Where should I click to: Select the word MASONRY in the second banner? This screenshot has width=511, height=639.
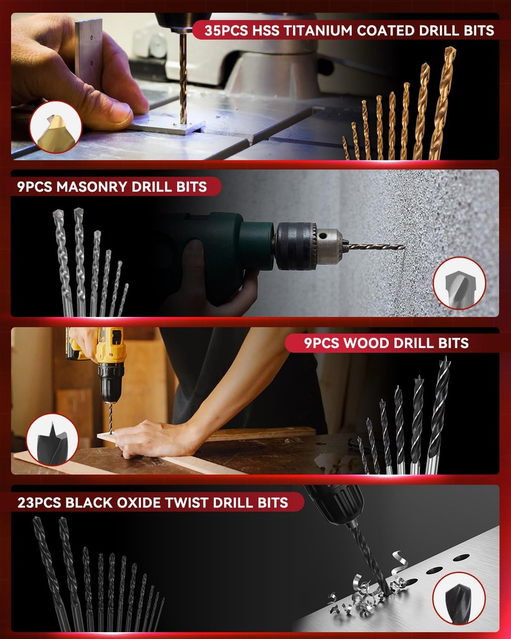(x=92, y=187)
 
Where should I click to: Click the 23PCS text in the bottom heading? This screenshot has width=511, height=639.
(x=38, y=502)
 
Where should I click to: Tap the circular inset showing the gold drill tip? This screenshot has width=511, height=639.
(x=56, y=127)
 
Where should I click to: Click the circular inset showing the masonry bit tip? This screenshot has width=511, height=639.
(x=459, y=283)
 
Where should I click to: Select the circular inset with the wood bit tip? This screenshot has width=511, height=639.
(x=52, y=439)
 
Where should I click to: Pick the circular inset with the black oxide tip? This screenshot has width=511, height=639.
(x=459, y=598)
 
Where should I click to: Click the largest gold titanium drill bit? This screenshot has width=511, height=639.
(x=443, y=103)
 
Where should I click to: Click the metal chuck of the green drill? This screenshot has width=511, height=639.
(x=308, y=246)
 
